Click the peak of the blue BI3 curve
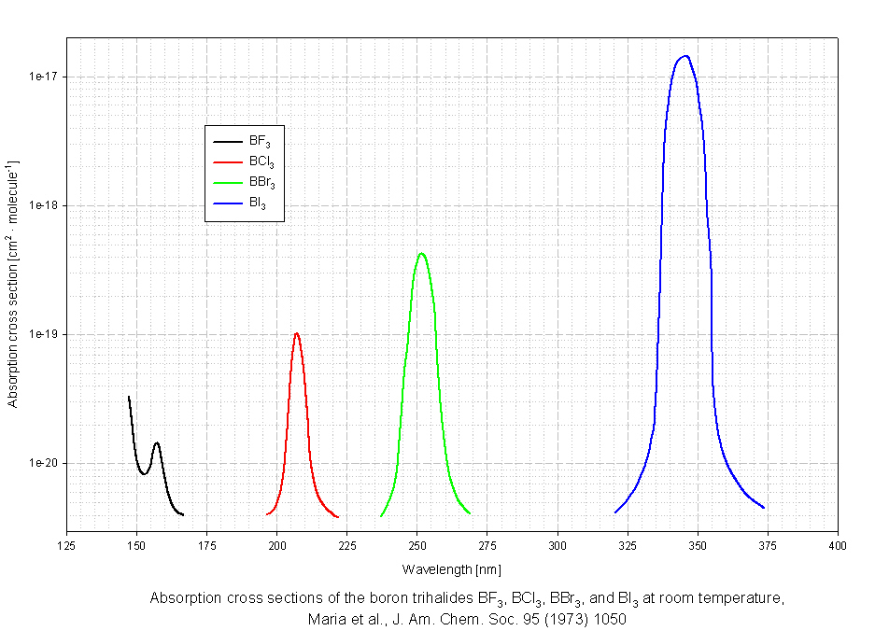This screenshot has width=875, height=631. tap(685, 56)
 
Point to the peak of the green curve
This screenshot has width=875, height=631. tap(422, 253)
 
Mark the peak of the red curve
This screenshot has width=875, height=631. tap(296, 333)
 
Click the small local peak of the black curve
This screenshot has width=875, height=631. tap(157, 442)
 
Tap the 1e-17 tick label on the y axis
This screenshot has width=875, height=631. tap(43, 77)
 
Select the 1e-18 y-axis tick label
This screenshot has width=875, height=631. tap(43, 205)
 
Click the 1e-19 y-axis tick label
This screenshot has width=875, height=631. tap(43, 334)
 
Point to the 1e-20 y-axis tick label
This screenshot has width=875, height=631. tap(43, 463)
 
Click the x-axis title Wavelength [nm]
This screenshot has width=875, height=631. tap(452, 568)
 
